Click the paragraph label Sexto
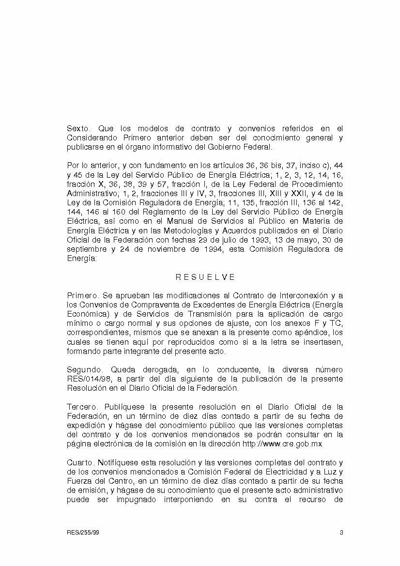click(x=78, y=129)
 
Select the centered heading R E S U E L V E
click(x=205, y=277)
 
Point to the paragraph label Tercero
click(x=81, y=407)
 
